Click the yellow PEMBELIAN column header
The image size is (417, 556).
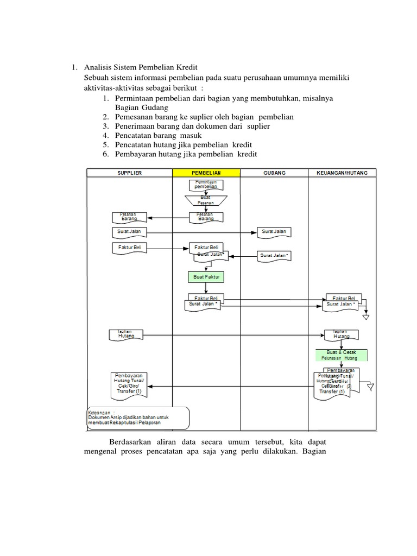(x=206, y=173)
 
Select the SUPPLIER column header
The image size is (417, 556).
(x=129, y=173)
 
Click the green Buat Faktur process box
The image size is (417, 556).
(x=206, y=277)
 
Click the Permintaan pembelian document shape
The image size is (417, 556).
(x=206, y=184)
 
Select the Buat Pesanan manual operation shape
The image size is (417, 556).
(x=206, y=200)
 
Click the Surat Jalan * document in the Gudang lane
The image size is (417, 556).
(x=274, y=255)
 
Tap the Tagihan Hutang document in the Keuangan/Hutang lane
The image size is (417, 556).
(x=342, y=335)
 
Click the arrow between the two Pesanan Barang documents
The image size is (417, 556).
(x=169, y=218)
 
